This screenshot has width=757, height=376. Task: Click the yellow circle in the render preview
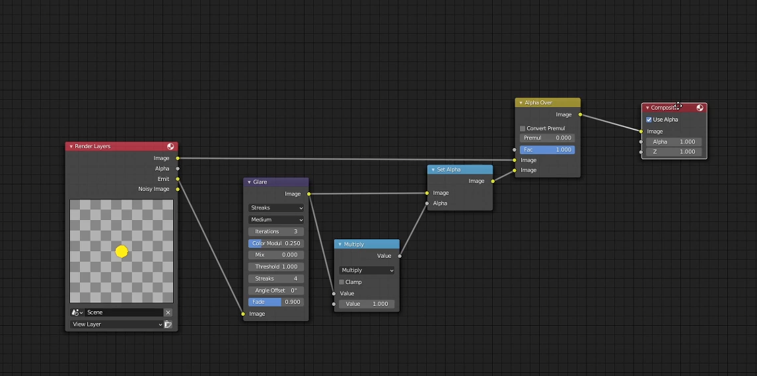[122, 252]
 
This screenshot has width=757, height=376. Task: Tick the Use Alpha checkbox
[649, 120]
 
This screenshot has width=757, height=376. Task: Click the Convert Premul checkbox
[523, 128]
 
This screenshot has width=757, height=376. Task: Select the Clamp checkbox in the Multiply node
[342, 282]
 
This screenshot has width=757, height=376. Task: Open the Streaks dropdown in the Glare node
[276, 207]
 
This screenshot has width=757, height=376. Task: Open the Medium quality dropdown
[276, 219]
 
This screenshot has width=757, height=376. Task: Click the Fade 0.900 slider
[276, 302]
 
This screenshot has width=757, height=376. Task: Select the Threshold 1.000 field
[276, 266]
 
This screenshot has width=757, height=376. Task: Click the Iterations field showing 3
[276, 231]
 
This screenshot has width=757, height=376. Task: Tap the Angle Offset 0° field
[276, 290]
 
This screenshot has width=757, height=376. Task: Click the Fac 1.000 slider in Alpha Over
[547, 149]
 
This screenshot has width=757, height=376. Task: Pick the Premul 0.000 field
[547, 138]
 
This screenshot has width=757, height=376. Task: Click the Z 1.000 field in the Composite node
[674, 151]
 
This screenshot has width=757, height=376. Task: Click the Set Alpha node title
[449, 169]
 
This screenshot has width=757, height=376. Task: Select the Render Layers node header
[122, 146]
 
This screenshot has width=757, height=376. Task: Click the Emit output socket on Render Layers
[178, 179]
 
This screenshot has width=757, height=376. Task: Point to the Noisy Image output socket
[178, 189]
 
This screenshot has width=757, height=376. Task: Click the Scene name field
[125, 313]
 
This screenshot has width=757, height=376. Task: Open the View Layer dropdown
[116, 324]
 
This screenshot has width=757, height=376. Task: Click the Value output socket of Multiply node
[400, 256]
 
